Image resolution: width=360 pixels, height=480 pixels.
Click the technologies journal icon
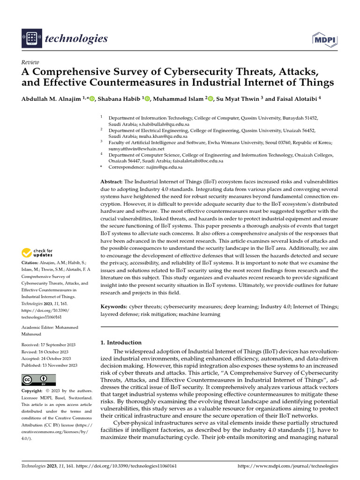coord(31,39)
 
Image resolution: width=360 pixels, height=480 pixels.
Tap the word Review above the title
coord(30,62)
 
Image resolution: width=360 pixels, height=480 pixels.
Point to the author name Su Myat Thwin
coord(240,99)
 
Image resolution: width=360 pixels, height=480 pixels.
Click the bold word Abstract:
coord(112,181)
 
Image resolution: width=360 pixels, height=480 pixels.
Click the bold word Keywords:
coord(114,306)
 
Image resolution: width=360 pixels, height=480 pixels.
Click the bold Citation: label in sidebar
coord(30,263)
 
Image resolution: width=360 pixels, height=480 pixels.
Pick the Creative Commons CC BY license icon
coord(38,380)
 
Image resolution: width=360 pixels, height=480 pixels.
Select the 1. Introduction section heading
coord(121,343)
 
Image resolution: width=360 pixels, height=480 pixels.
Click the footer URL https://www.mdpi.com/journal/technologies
coord(288,466)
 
